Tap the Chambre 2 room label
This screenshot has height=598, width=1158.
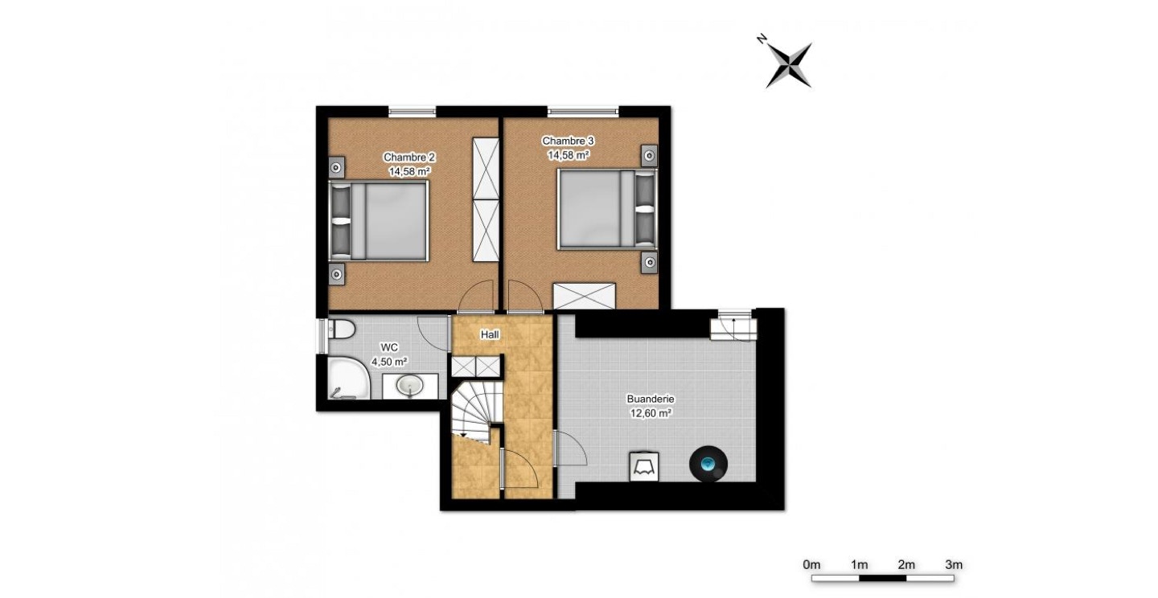pyautogui.click(x=409, y=164)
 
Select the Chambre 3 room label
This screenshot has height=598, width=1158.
pyautogui.click(x=568, y=147)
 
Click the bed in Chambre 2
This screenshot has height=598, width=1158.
pyautogui.click(x=379, y=221)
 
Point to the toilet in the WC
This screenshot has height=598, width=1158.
pyautogui.click(x=341, y=329)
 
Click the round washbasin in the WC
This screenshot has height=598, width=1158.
pyautogui.click(x=410, y=385)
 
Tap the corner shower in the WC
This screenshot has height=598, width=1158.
pyautogui.click(x=349, y=378)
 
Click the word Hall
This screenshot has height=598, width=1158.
pyautogui.click(x=490, y=334)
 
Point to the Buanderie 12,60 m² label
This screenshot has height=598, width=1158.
pyautogui.click(x=651, y=406)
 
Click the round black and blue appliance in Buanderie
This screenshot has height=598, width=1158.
pyautogui.click(x=708, y=464)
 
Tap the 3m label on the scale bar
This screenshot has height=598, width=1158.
pyautogui.click(x=954, y=565)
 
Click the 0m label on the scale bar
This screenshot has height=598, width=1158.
pyautogui.click(x=811, y=565)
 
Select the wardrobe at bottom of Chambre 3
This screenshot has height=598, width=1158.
pyautogui.click(x=584, y=296)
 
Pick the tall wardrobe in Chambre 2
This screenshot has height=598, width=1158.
pyautogui.click(x=486, y=199)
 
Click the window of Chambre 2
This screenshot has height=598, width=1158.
pyautogui.click(x=412, y=111)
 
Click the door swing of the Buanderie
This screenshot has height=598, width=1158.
pyautogui.click(x=571, y=448)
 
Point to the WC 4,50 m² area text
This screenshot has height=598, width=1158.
pyautogui.click(x=388, y=354)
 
